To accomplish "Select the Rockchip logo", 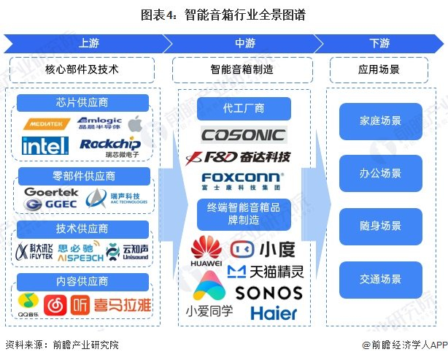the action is click(109, 145).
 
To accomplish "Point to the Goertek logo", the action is click(51, 192).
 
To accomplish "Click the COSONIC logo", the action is click(244, 134).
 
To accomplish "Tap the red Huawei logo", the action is click(206, 250).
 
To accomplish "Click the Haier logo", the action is click(274, 313).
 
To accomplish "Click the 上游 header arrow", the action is click(88, 43).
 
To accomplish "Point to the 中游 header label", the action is click(244, 43).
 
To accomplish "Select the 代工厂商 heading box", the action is click(244, 110).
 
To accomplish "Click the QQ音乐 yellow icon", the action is click(26, 305).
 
